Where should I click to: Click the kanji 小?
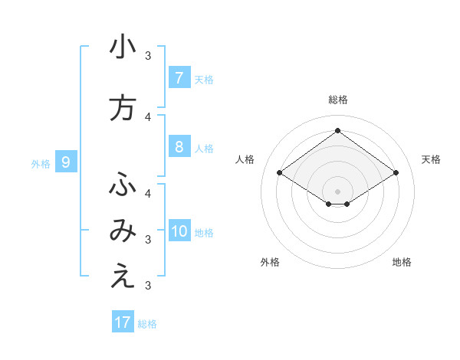[x=123, y=47]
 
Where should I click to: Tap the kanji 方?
[x=123, y=109]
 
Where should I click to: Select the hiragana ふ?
[x=123, y=185]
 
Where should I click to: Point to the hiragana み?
[x=123, y=231]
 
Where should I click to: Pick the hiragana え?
[x=123, y=277]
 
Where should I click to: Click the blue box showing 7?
[x=179, y=78]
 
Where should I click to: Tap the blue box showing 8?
[x=179, y=147]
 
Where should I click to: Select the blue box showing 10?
[x=179, y=231]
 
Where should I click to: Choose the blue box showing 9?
[x=66, y=162]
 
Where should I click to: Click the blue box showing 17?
[x=123, y=322]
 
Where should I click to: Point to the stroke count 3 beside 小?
[x=148, y=56]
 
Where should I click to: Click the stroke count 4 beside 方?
[x=148, y=117]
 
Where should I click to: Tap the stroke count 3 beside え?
[x=148, y=286]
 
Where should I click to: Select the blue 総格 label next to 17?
[x=148, y=324]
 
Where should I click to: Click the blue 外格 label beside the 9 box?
[x=41, y=163]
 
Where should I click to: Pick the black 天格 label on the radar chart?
[x=431, y=159]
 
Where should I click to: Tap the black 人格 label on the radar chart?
[x=245, y=159]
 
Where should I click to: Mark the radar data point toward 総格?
[x=337, y=131]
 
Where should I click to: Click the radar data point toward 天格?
[x=396, y=173]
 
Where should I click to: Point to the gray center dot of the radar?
[x=337, y=191]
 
